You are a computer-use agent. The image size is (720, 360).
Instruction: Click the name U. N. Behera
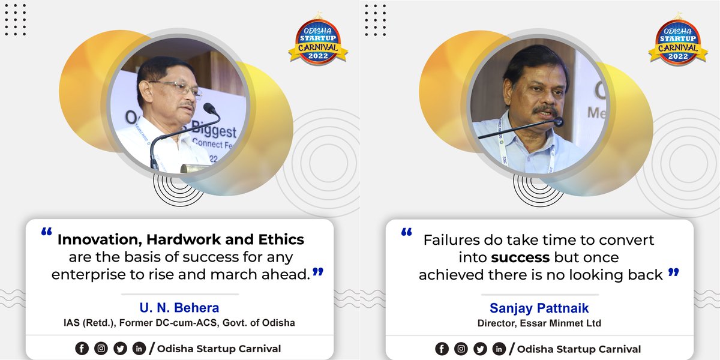click(179, 308)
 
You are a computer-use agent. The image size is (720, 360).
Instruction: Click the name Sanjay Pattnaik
click(539, 308)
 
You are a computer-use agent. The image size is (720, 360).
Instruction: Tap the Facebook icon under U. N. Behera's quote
click(81, 349)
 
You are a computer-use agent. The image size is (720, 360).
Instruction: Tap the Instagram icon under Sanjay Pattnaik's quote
click(461, 349)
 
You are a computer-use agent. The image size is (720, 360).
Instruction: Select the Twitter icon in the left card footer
click(120, 349)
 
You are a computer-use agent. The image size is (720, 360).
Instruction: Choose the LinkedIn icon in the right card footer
click(499, 349)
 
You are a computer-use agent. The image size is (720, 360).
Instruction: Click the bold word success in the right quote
click(520, 258)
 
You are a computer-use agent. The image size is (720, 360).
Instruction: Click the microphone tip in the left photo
click(209, 109)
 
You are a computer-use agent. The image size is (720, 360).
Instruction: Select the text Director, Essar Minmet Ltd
click(539, 323)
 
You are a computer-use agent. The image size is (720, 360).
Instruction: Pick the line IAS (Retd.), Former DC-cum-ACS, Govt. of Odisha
click(179, 323)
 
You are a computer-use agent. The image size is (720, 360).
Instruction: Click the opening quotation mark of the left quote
click(46, 232)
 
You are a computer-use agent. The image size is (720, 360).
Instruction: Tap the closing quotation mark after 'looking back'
click(673, 272)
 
